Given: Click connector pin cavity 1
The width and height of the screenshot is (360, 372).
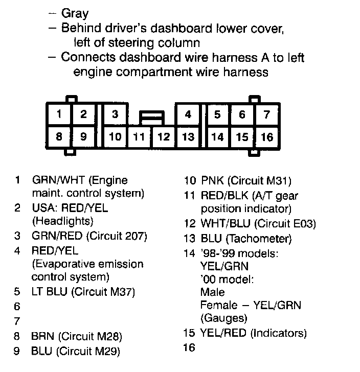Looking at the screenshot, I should pos(59,114).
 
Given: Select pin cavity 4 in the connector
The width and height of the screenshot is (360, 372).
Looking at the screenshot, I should pos(188,114).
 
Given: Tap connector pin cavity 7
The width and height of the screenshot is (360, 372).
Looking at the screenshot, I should pos(266,114).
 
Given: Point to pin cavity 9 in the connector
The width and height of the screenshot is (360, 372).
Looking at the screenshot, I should pos(84,137).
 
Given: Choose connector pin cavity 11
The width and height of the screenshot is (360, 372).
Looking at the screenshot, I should pos(139,137).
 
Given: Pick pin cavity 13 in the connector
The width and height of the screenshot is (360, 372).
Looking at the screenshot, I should pos(188,137).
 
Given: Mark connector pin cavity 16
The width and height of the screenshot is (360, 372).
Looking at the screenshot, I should pos(266,137).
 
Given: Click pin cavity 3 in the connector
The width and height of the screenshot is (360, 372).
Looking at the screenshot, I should pos(116,114).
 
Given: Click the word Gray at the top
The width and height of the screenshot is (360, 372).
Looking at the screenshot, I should pos(75,14).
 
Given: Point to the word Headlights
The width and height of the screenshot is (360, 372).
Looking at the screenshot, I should pos(62,222).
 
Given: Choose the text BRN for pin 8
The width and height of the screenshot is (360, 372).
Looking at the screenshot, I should pos(43,336).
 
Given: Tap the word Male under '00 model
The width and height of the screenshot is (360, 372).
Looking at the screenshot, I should pos(213,292).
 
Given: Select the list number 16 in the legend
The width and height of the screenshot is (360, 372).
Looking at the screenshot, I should pos(189,348).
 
